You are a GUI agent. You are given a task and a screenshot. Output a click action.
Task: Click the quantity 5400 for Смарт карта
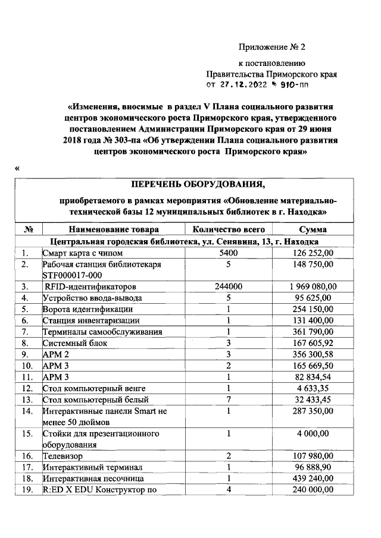tap(229, 253)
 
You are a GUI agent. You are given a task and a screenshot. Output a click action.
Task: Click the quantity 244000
tap(229, 287)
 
